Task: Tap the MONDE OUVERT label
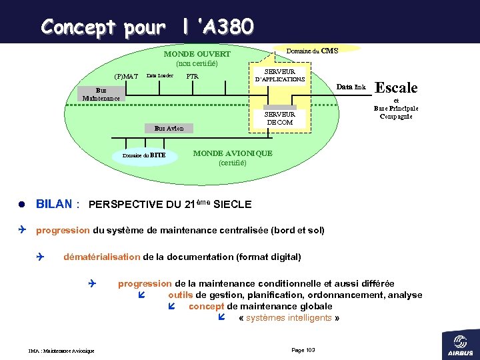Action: [x=197, y=54]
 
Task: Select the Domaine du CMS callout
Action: [x=311, y=51]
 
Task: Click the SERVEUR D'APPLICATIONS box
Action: [x=280, y=75]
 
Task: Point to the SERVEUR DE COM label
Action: [x=280, y=117]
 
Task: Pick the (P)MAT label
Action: [x=126, y=76]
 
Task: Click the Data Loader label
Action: [x=160, y=76]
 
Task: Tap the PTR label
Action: [x=192, y=76]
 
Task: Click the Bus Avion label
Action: [x=169, y=127]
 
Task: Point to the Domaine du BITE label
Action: [x=144, y=155]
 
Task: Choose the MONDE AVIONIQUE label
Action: [x=232, y=154]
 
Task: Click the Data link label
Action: [x=351, y=87]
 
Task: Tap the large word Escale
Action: [x=397, y=87]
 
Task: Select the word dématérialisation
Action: [x=101, y=257]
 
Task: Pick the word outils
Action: [x=180, y=295]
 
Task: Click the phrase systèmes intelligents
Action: [x=289, y=317]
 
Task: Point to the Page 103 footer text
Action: [x=304, y=350]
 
